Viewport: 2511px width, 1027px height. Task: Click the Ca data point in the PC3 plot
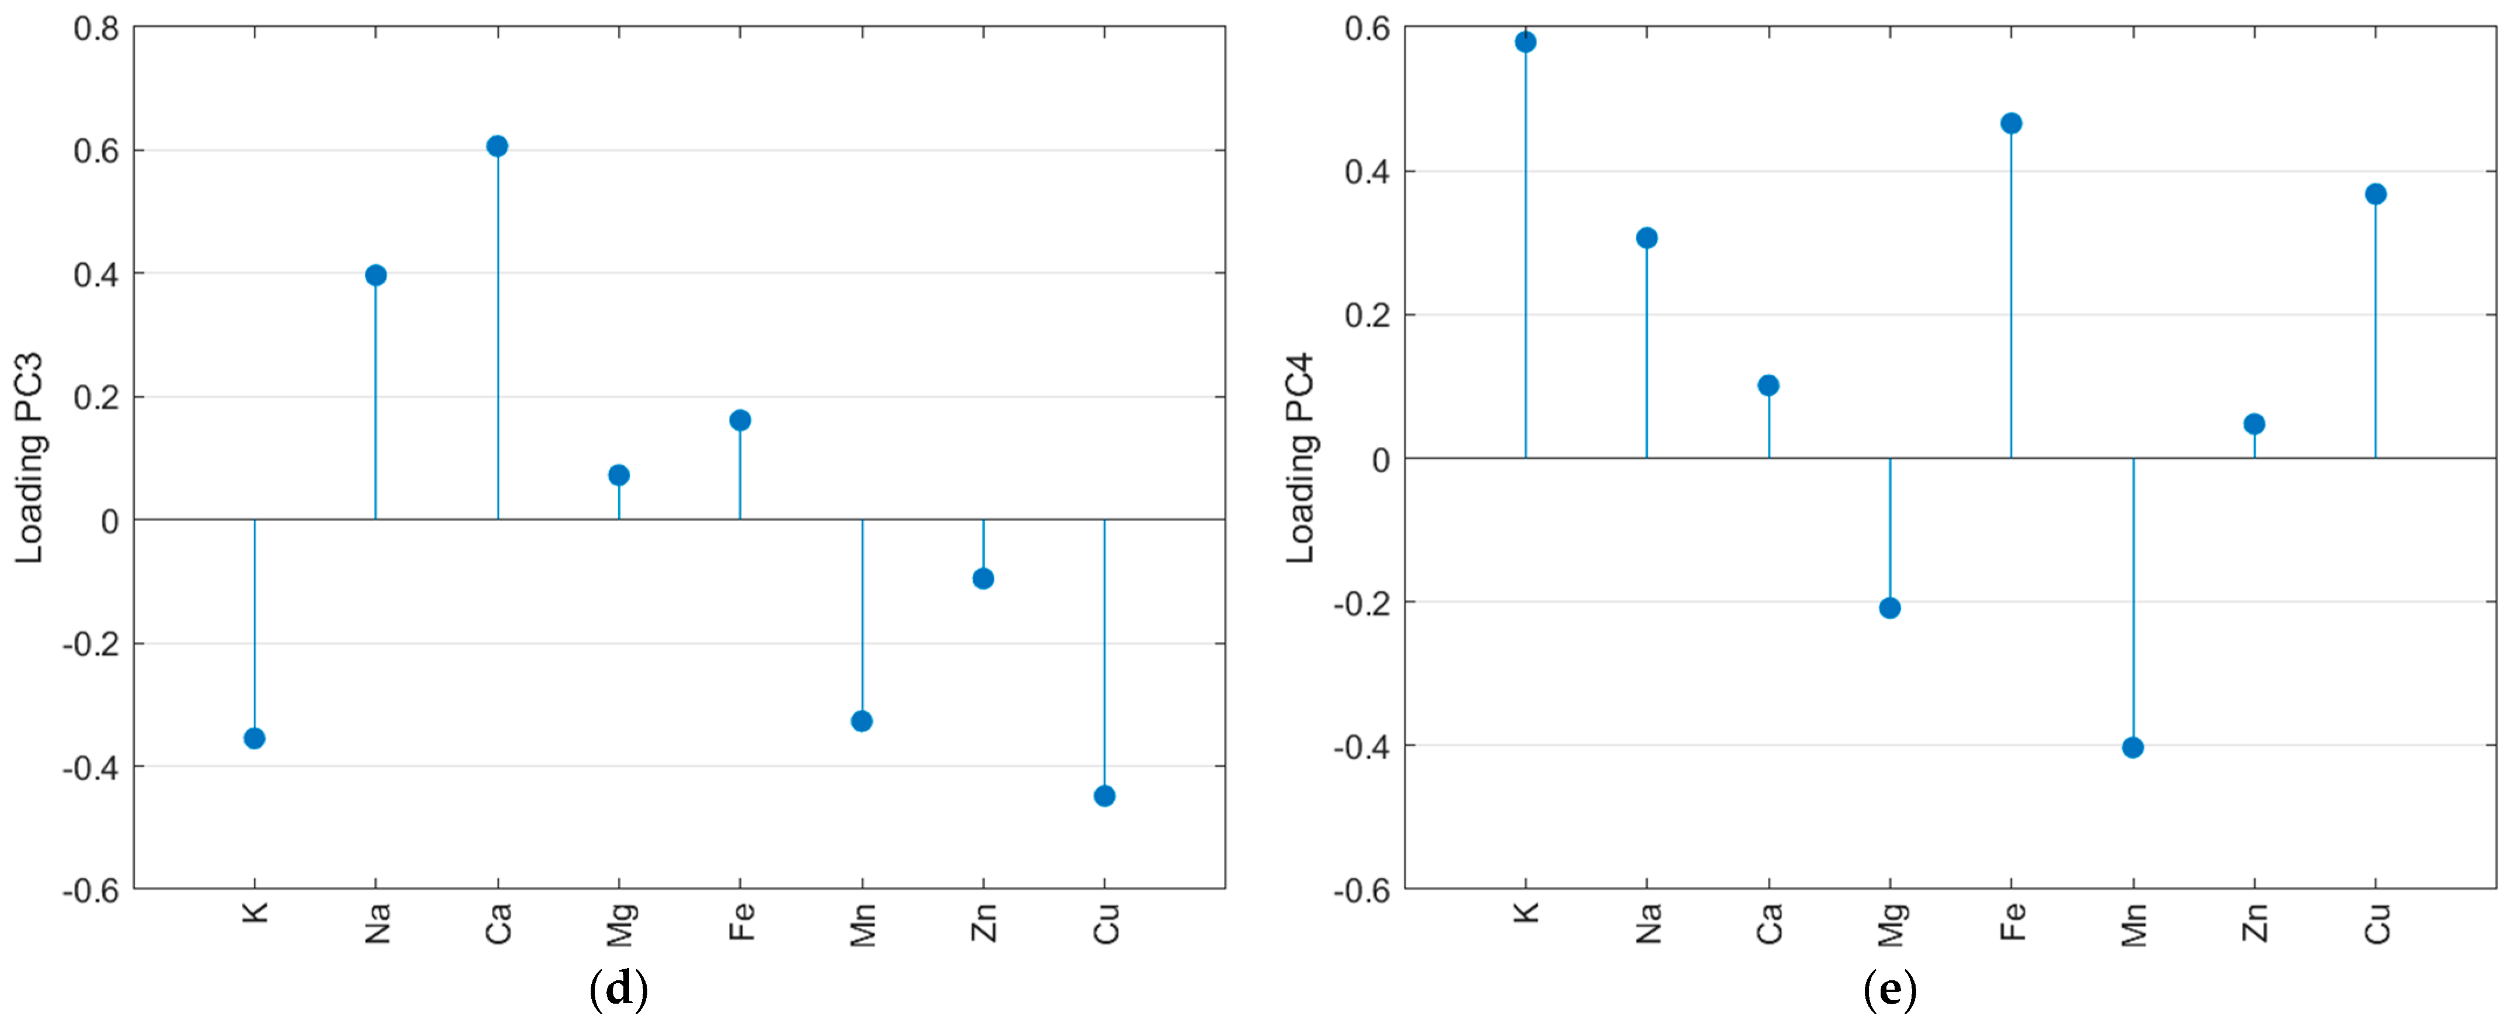click(497, 146)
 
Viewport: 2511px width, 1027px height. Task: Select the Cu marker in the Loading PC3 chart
click(1104, 796)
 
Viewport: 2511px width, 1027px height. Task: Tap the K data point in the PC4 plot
click(1526, 42)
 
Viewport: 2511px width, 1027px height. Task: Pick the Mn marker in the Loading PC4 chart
click(2133, 747)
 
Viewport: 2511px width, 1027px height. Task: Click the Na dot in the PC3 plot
click(375, 276)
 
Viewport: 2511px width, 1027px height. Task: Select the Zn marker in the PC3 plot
click(982, 579)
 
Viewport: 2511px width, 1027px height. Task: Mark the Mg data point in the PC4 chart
click(1890, 608)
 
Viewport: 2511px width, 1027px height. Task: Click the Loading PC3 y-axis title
click(29, 458)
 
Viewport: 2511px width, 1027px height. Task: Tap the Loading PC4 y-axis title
click(1300, 458)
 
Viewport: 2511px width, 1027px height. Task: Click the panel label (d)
click(619, 990)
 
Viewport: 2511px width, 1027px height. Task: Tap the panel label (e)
click(1889, 990)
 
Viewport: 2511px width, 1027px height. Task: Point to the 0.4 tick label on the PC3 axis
click(96, 275)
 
